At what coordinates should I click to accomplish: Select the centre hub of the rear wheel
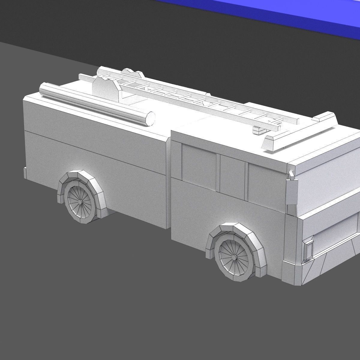(x=81, y=201)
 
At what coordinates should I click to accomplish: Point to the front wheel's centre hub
(x=234, y=257)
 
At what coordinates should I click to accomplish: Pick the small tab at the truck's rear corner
(x=25, y=172)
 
